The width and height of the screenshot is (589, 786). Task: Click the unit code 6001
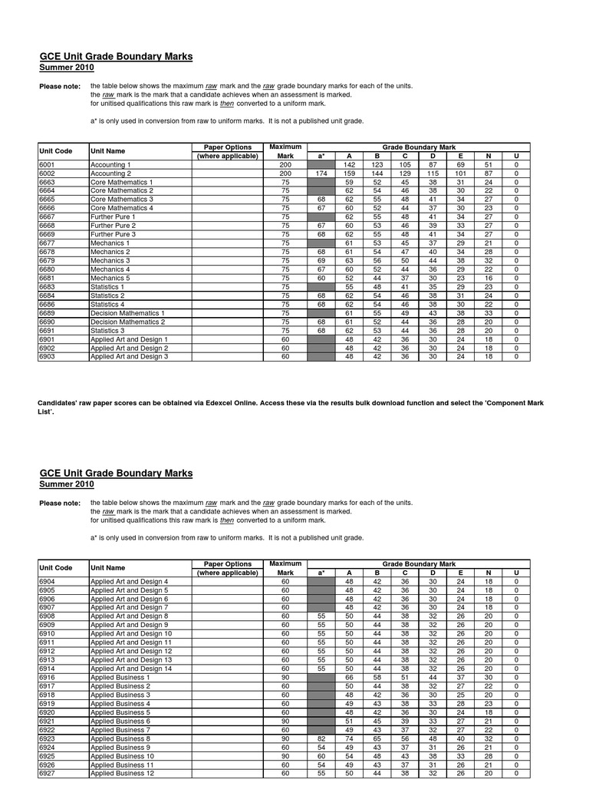tap(48, 165)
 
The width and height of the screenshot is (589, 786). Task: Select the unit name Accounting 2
tap(110, 173)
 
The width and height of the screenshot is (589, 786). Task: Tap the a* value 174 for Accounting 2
tap(321, 173)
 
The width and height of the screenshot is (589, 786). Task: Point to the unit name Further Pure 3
tap(114, 234)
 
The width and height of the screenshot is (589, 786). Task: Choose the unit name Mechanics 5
tap(110, 278)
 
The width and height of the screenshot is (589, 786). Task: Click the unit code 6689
tap(48, 313)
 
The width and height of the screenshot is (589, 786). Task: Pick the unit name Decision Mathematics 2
tap(127, 322)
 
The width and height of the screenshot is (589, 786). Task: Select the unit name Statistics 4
tap(107, 304)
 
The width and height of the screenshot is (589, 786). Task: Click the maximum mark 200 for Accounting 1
tap(285, 165)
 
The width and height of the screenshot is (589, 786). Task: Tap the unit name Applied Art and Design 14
tap(131, 669)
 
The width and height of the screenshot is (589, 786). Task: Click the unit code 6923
tap(48, 738)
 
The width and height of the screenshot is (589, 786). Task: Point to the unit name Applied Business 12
tap(123, 773)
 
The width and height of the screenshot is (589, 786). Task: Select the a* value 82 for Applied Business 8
tap(321, 738)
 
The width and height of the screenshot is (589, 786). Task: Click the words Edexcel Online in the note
tap(282, 403)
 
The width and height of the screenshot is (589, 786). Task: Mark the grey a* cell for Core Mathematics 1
tap(321, 182)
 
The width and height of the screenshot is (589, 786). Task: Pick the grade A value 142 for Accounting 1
tap(349, 165)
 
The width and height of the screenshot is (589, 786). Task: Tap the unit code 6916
tap(48, 678)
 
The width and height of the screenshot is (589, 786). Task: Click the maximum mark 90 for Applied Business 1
tap(285, 678)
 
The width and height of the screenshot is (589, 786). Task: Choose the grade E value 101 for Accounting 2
tap(460, 173)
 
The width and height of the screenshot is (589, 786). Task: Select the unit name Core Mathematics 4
tap(122, 208)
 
